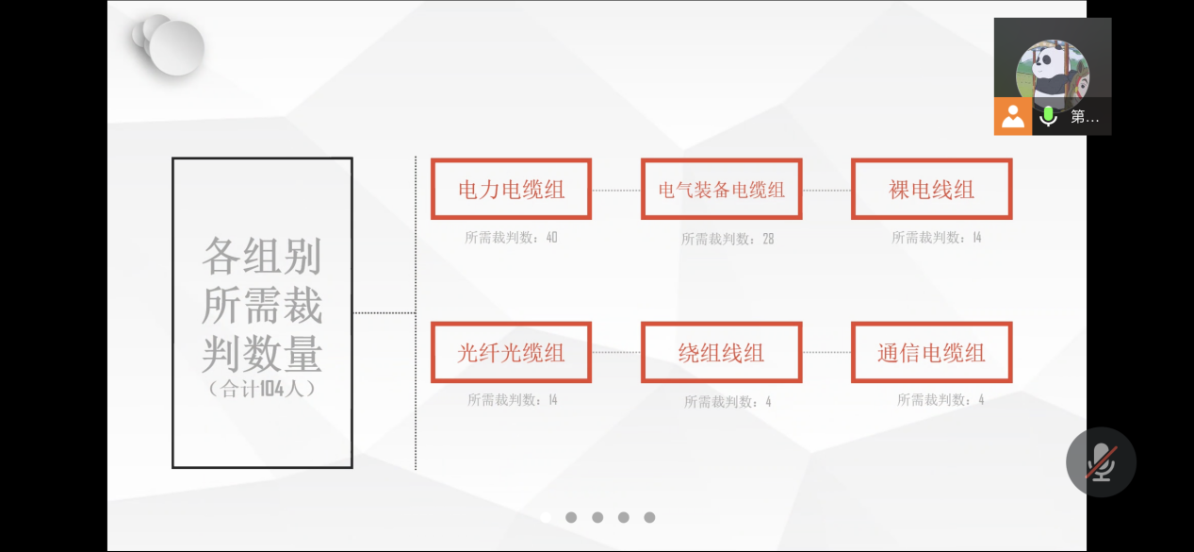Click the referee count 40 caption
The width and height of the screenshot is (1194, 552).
(511, 238)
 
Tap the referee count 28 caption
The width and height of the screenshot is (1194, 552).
(728, 239)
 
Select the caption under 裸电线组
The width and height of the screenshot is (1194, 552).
(937, 238)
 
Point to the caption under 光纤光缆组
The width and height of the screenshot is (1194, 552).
(513, 400)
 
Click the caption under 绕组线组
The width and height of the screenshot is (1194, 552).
(728, 401)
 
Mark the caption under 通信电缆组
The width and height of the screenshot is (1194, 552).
(940, 400)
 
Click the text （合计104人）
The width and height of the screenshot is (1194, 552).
(262, 389)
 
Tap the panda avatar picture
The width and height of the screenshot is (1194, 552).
(1053, 74)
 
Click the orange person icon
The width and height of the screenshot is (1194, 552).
(1013, 116)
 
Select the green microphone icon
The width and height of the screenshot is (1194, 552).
(1048, 116)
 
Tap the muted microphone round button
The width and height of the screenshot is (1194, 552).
(1101, 462)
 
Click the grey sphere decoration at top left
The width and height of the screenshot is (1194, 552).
(170, 45)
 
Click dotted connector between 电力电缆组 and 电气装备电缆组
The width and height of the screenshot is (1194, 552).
(616, 190)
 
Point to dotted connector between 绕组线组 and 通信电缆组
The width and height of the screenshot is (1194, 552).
(826, 352)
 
